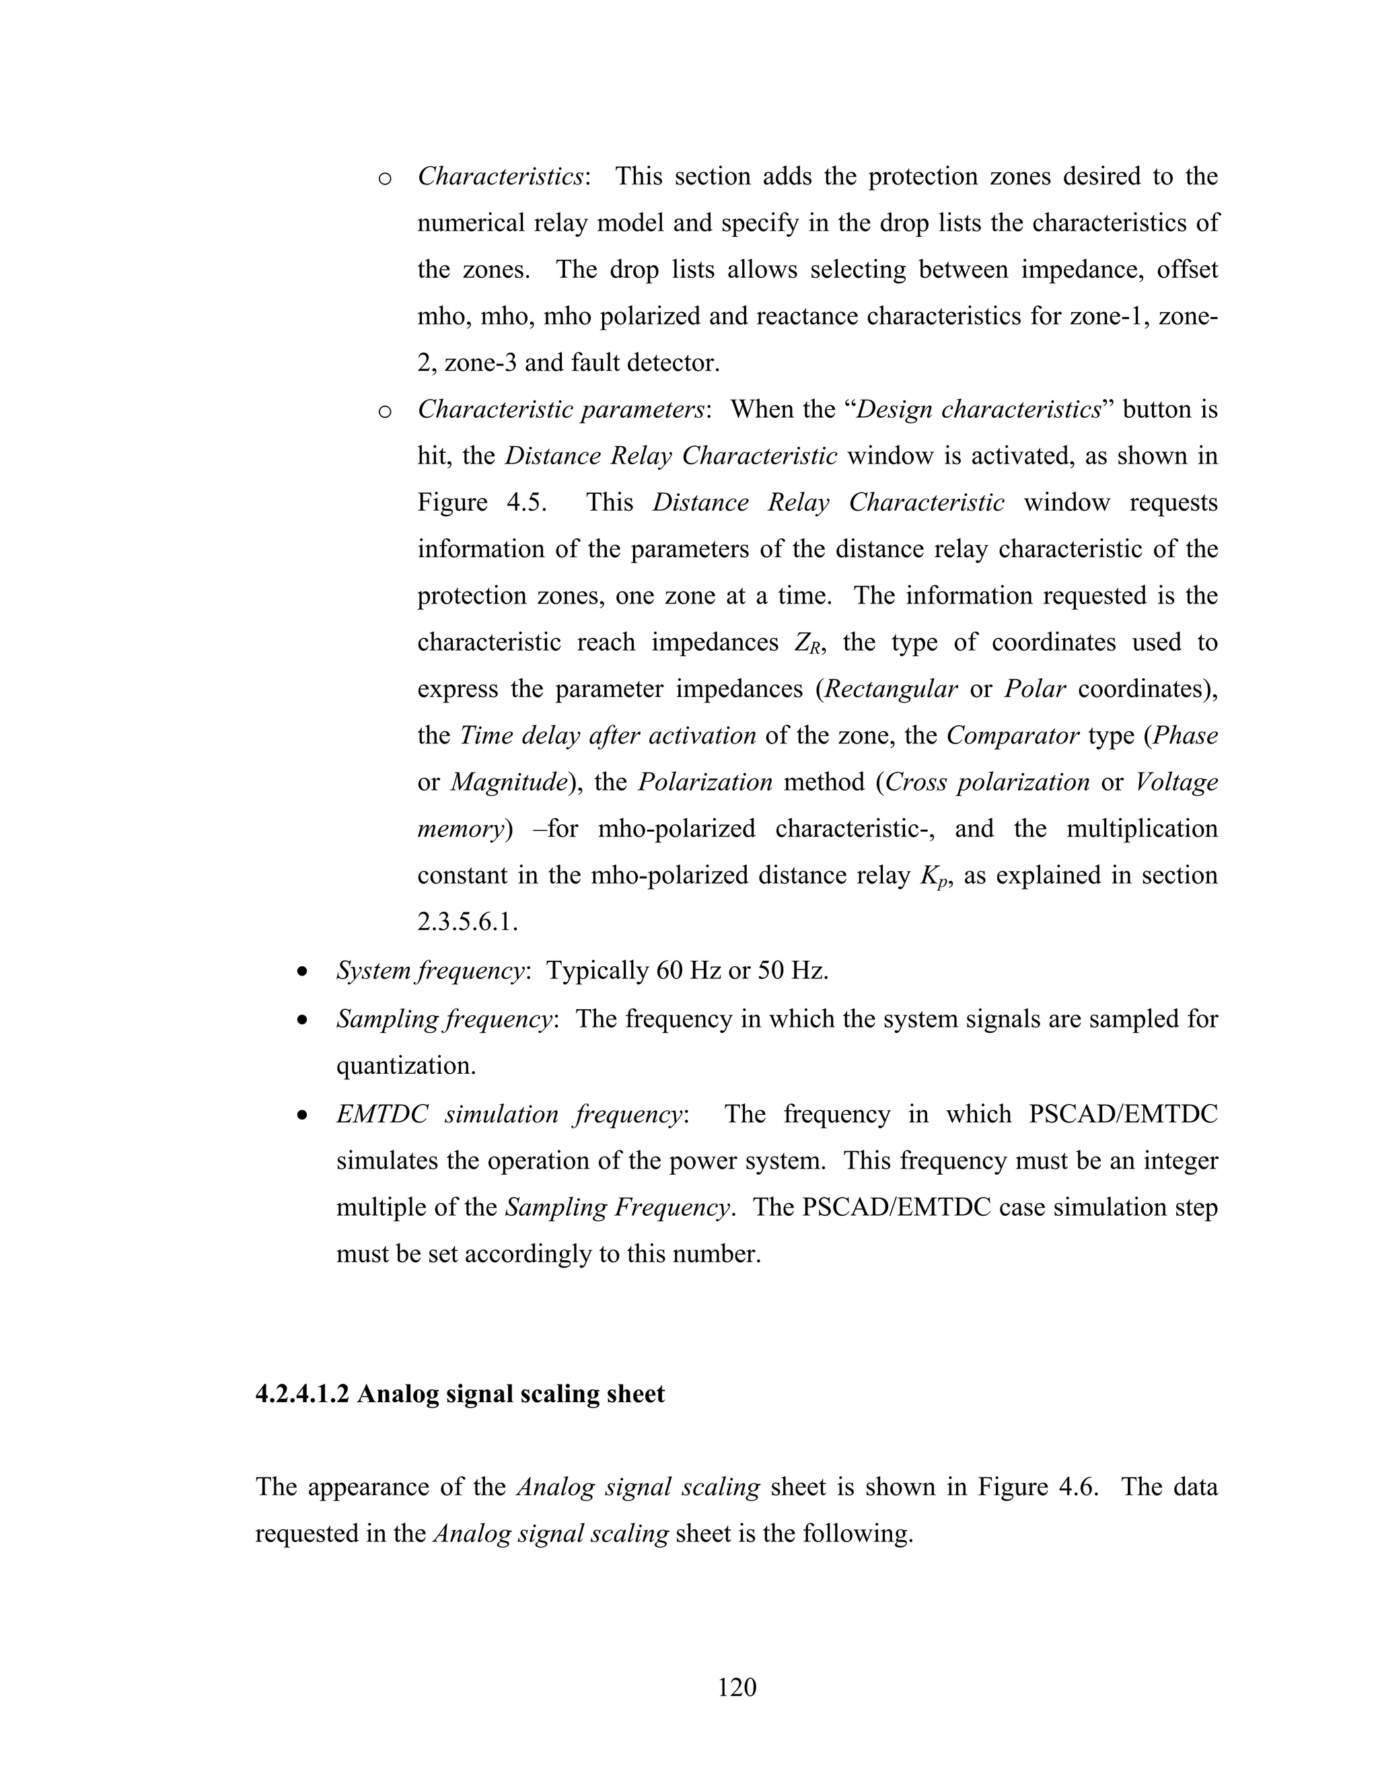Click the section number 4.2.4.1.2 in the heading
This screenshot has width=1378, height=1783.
(302, 1393)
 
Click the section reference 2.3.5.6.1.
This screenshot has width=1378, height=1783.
(467, 922)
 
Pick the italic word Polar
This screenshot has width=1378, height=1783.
(1034, 689)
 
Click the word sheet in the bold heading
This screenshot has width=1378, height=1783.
(635, 1393)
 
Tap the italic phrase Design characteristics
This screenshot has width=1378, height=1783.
(978, 409)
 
